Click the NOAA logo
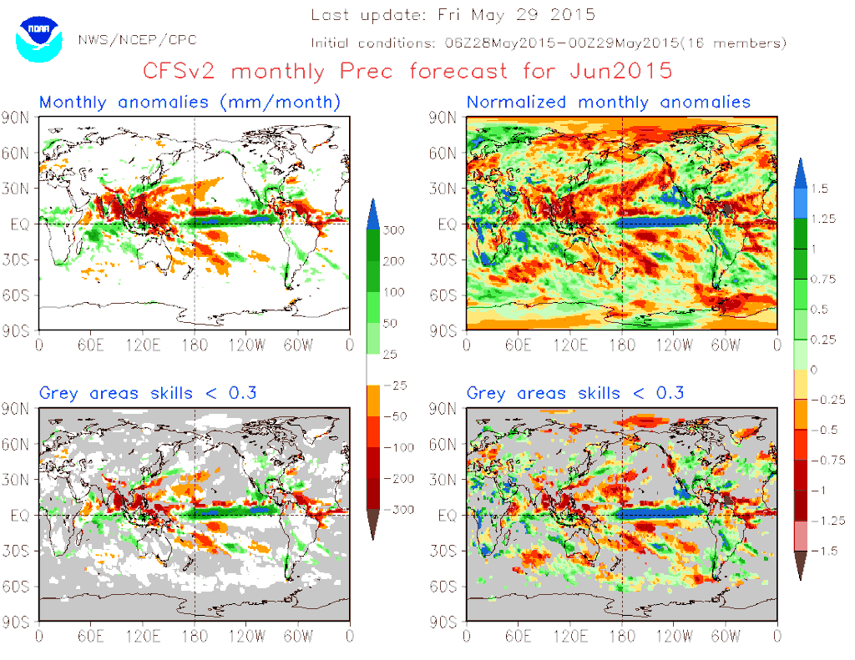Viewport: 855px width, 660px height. pyautogui.click(x=38, y=37)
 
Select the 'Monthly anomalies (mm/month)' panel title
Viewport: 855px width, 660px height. pyautogui.click(x=190, y=103)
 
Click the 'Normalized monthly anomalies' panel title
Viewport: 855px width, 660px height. pyautogui.click(x=609, y=103)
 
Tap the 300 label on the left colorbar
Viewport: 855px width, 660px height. pyautogui.click(x=394, y=229)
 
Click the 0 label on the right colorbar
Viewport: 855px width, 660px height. pyautogui.click(x=813, y=370)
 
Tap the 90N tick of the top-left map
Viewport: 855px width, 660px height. pyautogui.click(x=19, y=117)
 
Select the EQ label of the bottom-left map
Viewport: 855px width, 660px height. pyautogui.click(x=20, y=516)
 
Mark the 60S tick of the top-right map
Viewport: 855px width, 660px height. pyautogui.click(x=446, y=295)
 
